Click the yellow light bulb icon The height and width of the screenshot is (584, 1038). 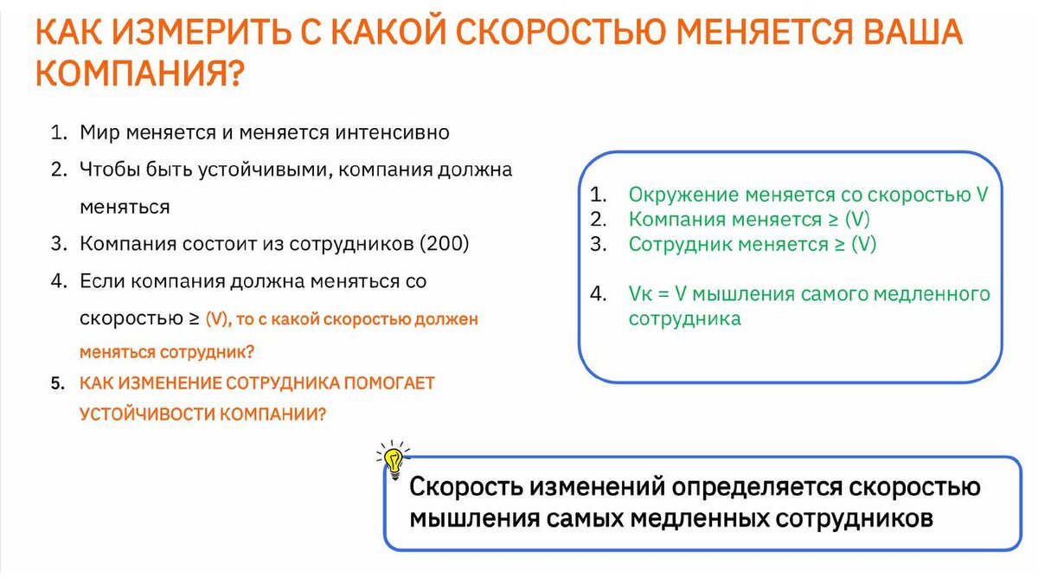click(x=394, y=460)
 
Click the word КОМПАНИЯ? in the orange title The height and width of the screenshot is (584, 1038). click(x=139, y=74)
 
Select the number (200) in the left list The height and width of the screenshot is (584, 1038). click(x=445, y=243)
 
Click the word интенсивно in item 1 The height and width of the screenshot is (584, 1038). click(x=392, y=132)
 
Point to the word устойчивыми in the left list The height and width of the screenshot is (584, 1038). click(x=266, y=170)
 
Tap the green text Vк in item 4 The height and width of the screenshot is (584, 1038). click(x=640, y=294)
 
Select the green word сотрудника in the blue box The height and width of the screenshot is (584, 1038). click(x=685, y=319)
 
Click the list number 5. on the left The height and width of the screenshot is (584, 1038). click(x=57, y=383)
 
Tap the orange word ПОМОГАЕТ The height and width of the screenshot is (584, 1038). click(x=389, y=383)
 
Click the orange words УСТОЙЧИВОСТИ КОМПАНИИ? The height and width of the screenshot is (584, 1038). click(x=203, y=414)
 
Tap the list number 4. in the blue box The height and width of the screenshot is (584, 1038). click(x=599, y=294)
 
